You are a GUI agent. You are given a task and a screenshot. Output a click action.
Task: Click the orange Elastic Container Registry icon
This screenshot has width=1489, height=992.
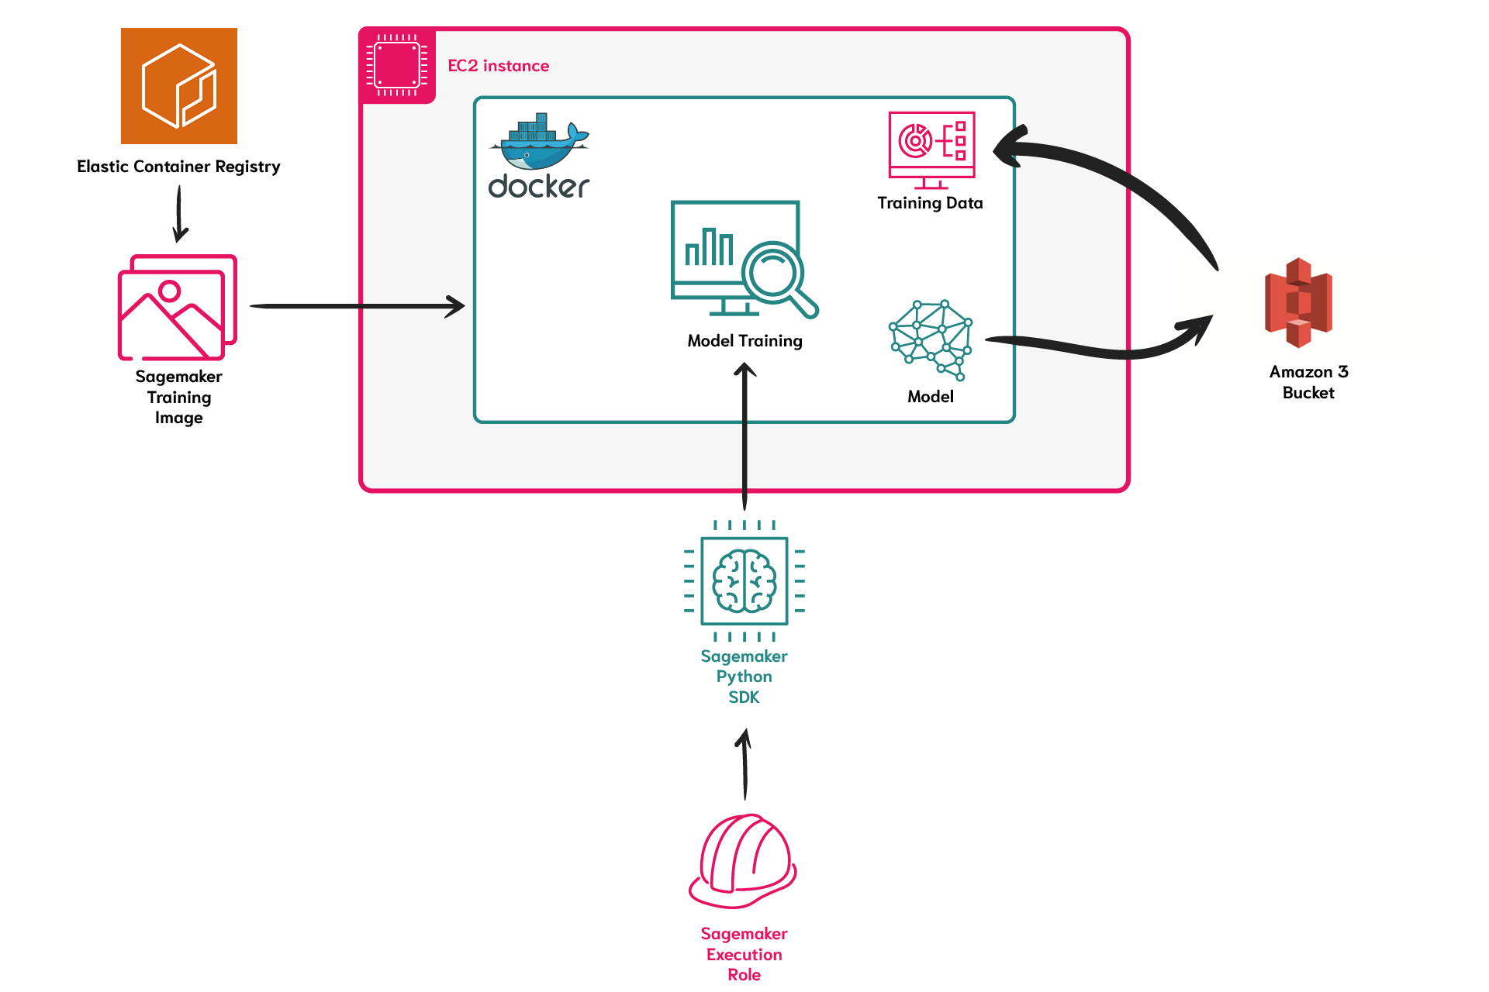coord(179,86)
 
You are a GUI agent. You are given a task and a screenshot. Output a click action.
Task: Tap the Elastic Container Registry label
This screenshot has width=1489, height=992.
coord(178,167)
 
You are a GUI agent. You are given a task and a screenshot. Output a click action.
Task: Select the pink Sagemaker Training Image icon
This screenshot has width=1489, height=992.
coord(177,308)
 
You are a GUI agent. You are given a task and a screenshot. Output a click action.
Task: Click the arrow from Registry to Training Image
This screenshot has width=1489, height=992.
coord(179,214)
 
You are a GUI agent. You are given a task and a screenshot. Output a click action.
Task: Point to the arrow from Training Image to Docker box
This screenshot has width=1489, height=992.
coord(358,306)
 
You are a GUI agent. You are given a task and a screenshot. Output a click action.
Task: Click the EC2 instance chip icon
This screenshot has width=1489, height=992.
coord(397,65)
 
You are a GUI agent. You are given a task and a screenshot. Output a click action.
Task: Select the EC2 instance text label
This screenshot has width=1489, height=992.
coord(499,66)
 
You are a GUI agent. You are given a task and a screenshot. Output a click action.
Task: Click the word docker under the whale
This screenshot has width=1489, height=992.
coord(539,186)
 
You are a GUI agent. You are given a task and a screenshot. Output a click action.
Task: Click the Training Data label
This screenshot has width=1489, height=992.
coord(930,203)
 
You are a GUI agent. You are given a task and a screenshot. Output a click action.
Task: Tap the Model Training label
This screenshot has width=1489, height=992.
coord(744,341)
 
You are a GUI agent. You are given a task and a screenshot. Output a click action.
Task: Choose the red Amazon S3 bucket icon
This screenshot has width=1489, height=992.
coord(1299,302)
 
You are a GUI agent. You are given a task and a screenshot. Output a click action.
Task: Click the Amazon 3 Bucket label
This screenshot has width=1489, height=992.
coord(1308,382)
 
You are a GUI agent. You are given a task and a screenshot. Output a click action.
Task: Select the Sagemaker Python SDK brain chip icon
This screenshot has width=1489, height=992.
coord(744,580)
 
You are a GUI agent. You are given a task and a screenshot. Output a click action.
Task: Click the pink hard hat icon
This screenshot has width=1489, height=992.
coord(743,860)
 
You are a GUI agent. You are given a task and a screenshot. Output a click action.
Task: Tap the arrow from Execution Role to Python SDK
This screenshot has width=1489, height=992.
coord(744,764)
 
